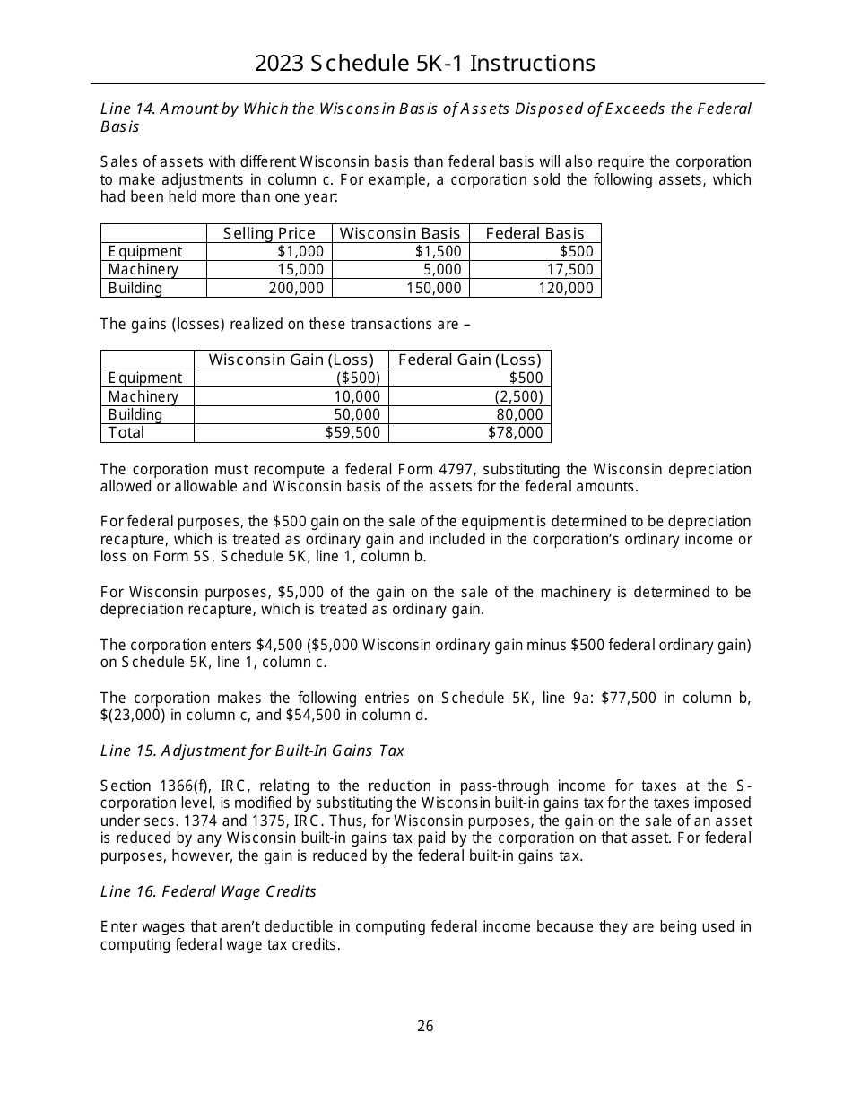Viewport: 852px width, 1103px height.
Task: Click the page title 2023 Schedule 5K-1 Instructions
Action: click(x=425, y=64)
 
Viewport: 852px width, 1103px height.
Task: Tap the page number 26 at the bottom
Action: click(x=425, y=1026)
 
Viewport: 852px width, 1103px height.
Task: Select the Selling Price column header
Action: click(x=269, y=233)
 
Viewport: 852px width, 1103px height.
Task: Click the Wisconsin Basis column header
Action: click(x=400, y=233)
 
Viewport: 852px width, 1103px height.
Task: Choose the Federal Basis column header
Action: click(x=535, y=233)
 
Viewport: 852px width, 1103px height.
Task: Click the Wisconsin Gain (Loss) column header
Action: click(x=291, y=360)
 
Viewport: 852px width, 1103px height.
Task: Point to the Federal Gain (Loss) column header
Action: click(x=469, y=360)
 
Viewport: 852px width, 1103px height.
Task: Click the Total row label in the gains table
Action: click(x=126, y=432)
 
